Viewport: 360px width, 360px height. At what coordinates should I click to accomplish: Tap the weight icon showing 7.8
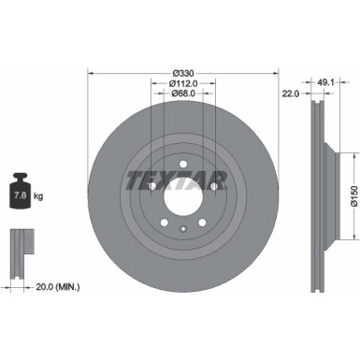point(21,194)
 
